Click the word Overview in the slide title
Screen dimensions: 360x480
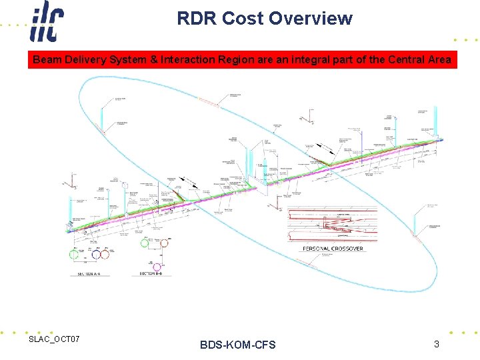pyautogui.click(x=311, y=19)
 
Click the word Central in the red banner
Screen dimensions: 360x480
pyautogui.click(x=397, y=60)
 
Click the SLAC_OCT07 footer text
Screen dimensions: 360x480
pyautogui.click(x=54, y=340)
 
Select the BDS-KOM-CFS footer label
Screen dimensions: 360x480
pyautogui.click(x=237, y=345)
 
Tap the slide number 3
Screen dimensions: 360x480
pyautogui.click(x=436, y=345)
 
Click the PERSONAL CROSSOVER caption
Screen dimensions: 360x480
pyautogui.click(x=333, y=249)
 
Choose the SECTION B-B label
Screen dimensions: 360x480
pyautogui.click(x=149, y=274)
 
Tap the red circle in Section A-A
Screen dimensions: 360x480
pyautogui.click(x=105, y=254)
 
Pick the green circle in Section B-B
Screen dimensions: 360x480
pyautogui.click(x=145, y=243)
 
